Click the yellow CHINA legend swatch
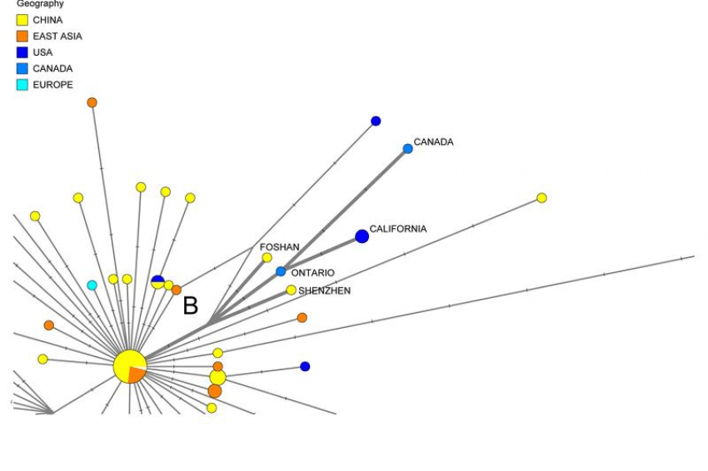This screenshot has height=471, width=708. (22, 20)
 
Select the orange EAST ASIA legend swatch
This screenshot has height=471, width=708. (22, 36)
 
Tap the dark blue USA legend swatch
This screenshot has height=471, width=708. (22, 52)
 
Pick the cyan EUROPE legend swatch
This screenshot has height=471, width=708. (22, 85)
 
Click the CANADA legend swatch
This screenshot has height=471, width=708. (22, 68)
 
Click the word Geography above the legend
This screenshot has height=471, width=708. (40, 4)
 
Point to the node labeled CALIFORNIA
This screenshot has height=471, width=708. (361, 236)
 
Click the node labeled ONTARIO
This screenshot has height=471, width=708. (281, 271)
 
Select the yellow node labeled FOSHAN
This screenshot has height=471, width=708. (267, 258)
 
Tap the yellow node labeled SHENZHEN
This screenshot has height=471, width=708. (291, 290)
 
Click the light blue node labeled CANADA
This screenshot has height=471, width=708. (408, 149)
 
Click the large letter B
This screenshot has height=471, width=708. (191, 305)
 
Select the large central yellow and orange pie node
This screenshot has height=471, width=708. (130, 366)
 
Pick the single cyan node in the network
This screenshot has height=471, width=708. (92, 285)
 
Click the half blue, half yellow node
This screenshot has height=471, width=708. (157, 282)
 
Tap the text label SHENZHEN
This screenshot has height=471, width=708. (325, 291)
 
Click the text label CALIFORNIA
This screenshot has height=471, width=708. (398, 229)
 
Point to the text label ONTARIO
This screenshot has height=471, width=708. (313, 273)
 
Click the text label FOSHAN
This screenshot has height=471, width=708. (280, 247)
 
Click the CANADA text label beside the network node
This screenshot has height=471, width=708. (433, 142)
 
